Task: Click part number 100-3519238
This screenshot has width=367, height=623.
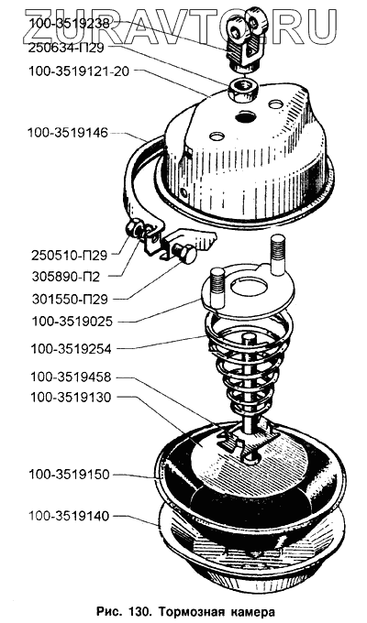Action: (69, 24)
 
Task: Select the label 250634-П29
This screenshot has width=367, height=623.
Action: (66, 48)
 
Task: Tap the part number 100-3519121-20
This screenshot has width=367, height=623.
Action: (79, 72)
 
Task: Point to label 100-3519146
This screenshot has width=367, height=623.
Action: (68, 133)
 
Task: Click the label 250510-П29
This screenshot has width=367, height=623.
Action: (69, 255)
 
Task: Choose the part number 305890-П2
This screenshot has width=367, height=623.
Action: (65, 276)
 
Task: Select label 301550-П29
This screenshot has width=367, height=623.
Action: (69, 299)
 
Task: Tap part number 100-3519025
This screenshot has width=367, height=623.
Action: (72, 321)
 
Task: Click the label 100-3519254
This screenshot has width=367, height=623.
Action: (71, 349)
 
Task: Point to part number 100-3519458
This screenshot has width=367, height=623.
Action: (71, 377)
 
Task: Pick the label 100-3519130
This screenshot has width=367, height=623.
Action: (71, 398)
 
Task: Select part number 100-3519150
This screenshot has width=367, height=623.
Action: (69, 475)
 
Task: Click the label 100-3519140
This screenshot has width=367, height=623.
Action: (69, 517)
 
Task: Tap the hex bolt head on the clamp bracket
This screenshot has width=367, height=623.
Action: (184, 253)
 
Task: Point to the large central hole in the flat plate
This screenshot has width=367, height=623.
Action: (250, 286)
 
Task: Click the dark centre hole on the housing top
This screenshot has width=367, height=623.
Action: (245, 117)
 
